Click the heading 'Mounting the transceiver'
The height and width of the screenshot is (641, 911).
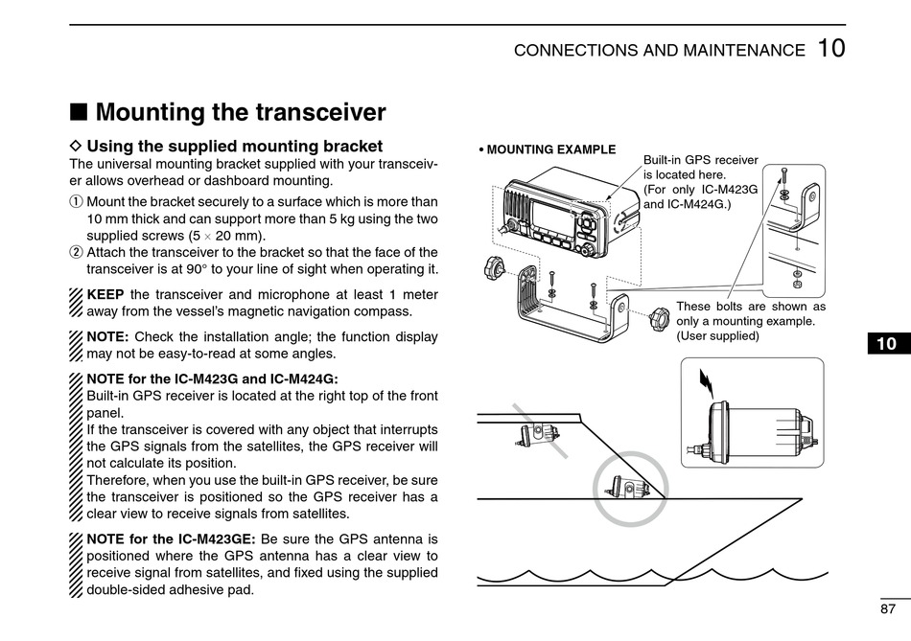[241, 113]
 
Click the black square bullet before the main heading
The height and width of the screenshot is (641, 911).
[81, 114]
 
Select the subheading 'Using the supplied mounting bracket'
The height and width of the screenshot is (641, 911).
[234, 147]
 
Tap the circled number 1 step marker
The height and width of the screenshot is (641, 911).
[77, 202]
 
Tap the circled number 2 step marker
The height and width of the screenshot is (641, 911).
[77, 253]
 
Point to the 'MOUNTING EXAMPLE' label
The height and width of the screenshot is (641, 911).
[550, 149]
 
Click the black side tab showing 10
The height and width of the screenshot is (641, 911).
[886, 344]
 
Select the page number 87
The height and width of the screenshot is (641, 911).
[886, 608]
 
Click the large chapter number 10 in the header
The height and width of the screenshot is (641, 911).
[831, 49]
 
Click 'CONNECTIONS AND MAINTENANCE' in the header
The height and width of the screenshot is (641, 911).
[660, 51]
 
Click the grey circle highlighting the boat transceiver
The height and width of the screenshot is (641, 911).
[630, 489]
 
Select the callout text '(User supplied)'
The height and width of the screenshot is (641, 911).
[717, 336]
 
